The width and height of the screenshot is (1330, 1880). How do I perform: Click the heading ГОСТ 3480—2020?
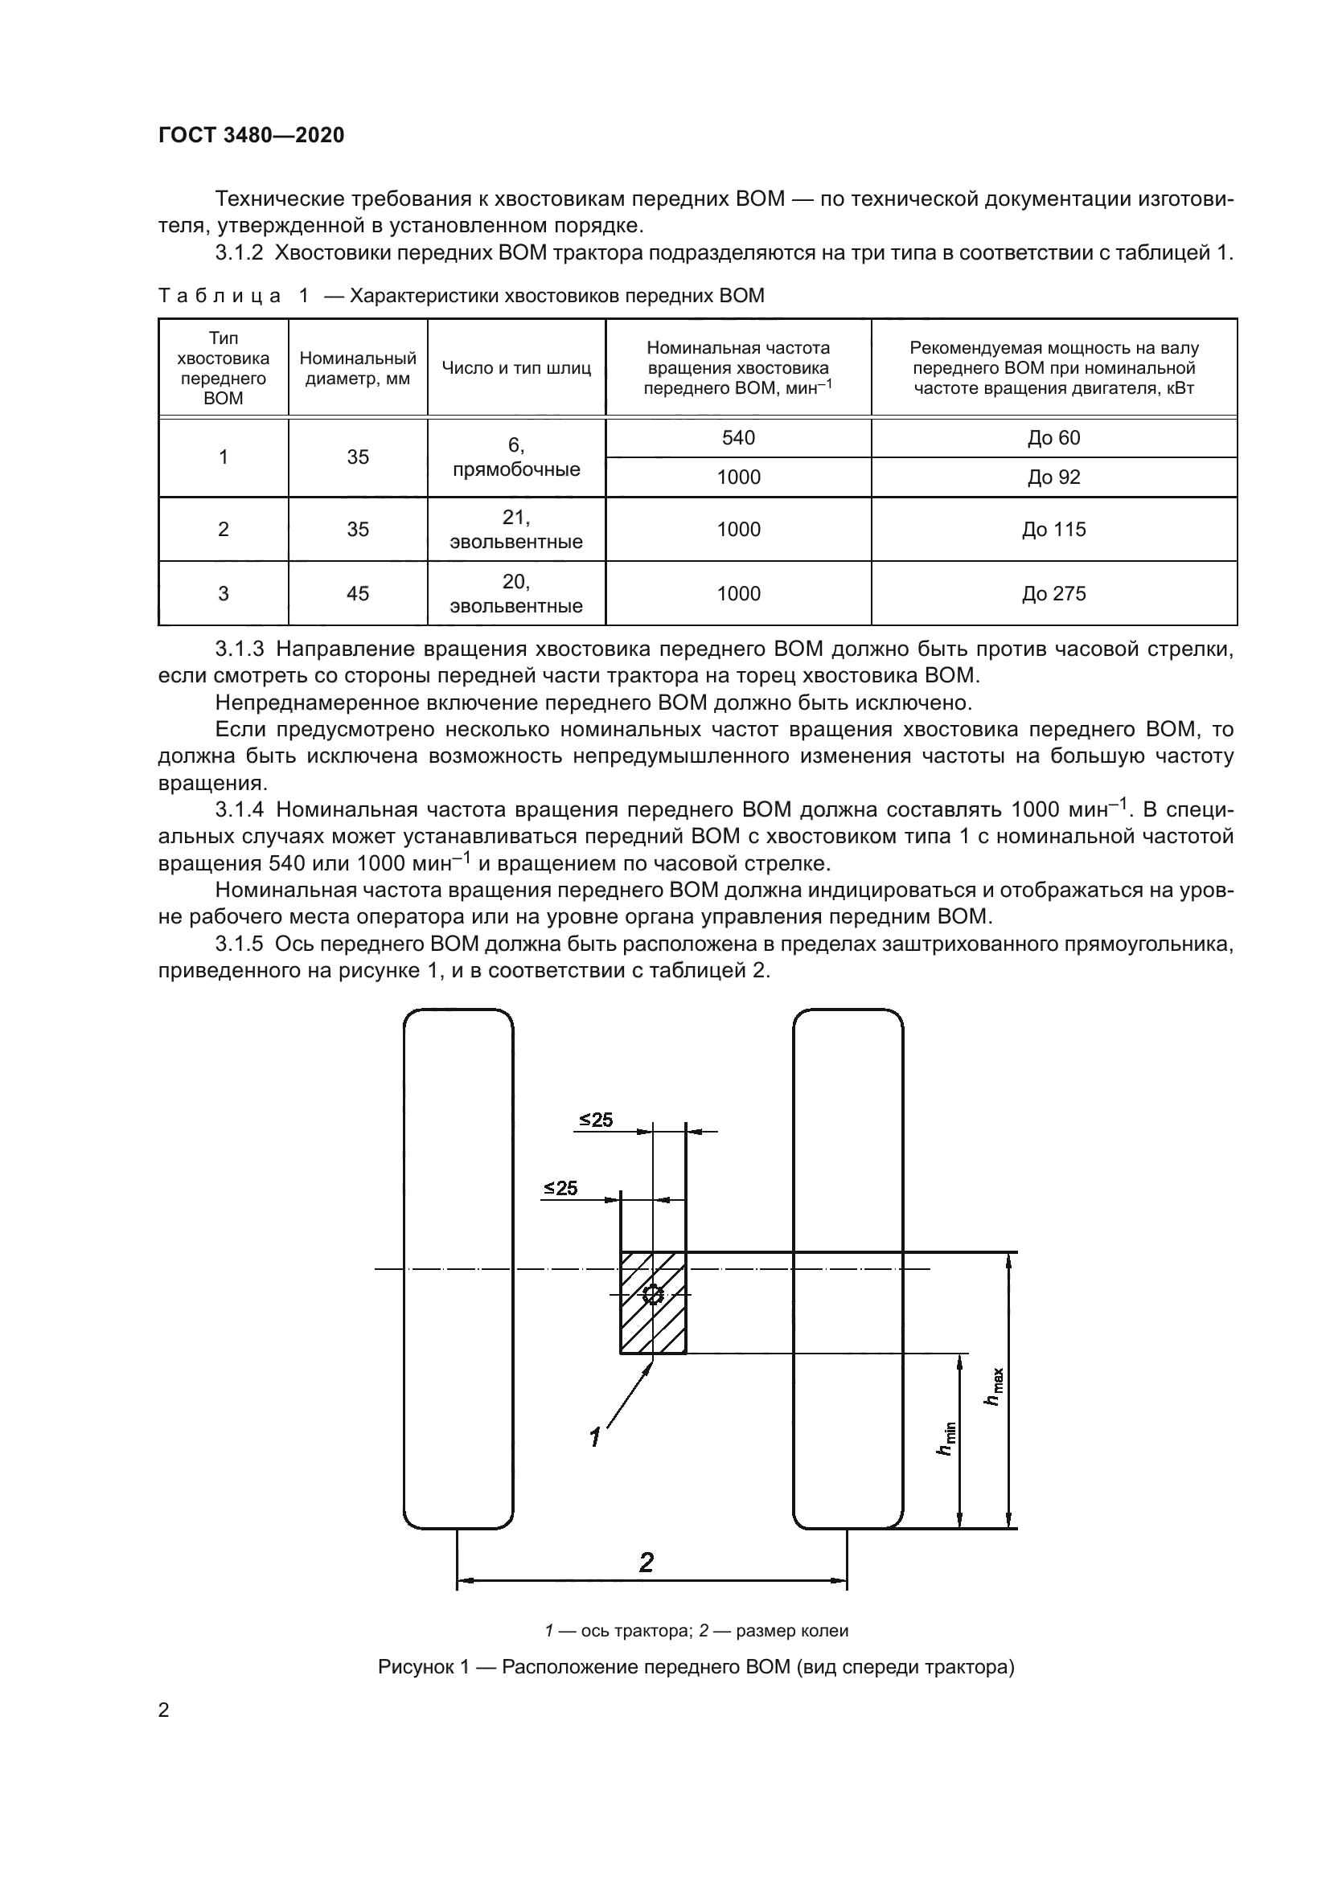(251, 135)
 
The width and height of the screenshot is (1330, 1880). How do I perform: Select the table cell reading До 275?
(1053, 594)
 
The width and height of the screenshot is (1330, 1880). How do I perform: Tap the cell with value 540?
(738, 438)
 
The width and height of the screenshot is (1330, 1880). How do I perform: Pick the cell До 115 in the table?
(1053, 530)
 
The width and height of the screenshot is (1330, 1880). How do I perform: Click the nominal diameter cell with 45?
(358, 594)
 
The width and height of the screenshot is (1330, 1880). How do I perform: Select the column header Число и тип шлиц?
(516, 368)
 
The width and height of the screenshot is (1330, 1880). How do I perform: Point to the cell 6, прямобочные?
(516, 457)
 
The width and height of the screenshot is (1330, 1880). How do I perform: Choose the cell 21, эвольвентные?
(516, 530)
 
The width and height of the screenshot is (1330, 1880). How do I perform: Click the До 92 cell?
(1053, 477)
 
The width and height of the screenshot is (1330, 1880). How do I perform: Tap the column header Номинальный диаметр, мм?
(358, 368)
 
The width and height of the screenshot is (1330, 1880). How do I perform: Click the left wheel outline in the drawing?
(458, 1269)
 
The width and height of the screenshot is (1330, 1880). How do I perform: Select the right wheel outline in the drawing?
(848, 1269)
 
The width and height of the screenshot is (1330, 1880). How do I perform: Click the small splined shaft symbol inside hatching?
(653, 1295)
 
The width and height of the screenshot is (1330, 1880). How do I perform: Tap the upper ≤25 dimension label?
(595, 1120)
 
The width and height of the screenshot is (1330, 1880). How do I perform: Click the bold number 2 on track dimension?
(647, 1563)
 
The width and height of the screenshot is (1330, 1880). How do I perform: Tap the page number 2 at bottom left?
(164, 1710)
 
